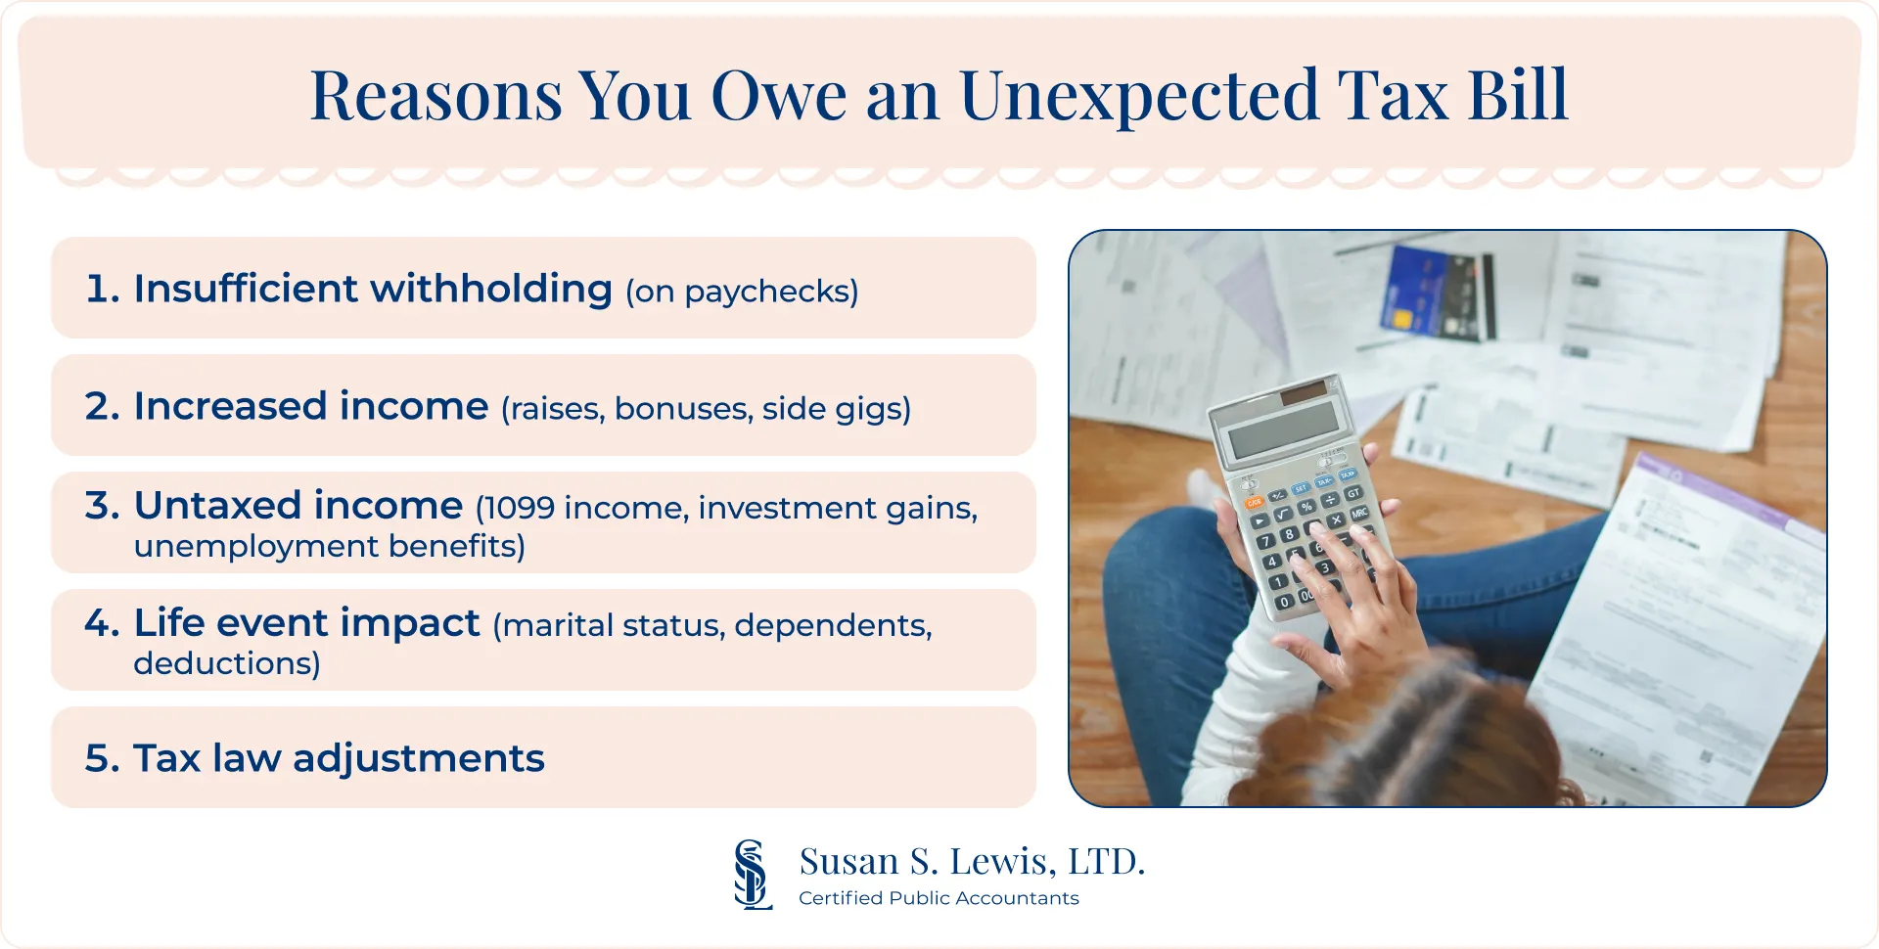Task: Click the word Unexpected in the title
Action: pos(1138,96)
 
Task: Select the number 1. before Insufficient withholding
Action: pos(102,290)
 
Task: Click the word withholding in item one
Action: pos(490,290)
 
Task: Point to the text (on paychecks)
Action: pos(742,292)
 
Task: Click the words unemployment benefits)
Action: pos(330,546)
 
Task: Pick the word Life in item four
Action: pos(168,623)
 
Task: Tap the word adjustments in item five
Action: pos(418,759)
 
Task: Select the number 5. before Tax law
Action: pos(102,759)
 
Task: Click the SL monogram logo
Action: pos(752,875)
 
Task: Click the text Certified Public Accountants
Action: pos(939,898)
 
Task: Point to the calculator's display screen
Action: pos(1282,428)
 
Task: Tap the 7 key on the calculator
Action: pos(1266,541)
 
